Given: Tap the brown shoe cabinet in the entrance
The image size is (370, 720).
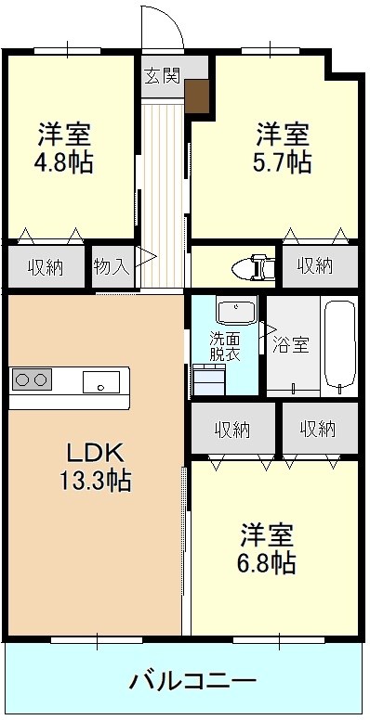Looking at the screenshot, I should [x=198, y=95].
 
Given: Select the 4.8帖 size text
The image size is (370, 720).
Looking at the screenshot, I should [x=64, y=161].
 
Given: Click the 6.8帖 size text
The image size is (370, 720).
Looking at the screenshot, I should [x=269, y=562].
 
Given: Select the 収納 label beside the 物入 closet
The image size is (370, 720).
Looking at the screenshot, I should [x=45, y=267].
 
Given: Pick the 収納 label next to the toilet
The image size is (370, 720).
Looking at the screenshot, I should [x=317, y=267].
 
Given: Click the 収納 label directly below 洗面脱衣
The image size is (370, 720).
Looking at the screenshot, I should [x=232, y=429].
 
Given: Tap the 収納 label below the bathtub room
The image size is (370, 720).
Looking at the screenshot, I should [x=317, y=429].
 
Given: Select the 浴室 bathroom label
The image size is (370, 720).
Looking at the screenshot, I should [x=291, y=345].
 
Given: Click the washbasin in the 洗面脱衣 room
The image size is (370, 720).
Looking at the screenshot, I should [x=235, y=309].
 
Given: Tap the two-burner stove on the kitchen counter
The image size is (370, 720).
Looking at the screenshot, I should [x=31, y=379].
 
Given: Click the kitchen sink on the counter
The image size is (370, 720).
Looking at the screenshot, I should [x=99, y=380].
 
